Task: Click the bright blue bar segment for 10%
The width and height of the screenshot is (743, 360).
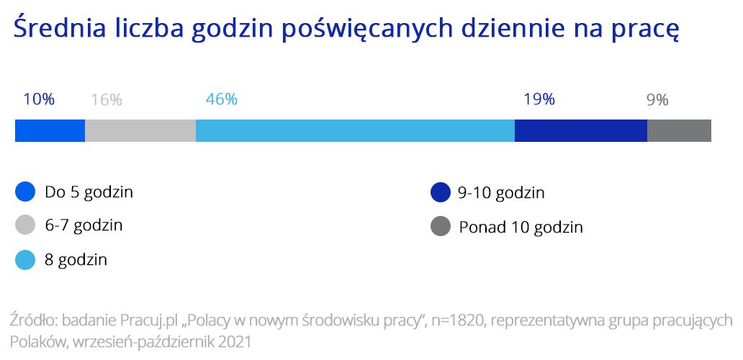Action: point(50,131)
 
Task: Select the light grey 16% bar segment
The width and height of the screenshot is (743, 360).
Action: point(140,131)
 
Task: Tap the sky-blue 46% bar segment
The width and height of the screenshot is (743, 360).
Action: point(355,131)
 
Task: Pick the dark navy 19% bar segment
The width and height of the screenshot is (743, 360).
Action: point(581,131)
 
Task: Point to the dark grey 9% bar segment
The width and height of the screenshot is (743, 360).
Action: point(679,131)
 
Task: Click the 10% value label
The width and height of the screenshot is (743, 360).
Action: point(39,99)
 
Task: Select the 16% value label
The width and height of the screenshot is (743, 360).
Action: point(107,100)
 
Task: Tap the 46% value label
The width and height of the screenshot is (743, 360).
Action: point(221,99)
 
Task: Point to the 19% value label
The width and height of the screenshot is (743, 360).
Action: point(539,99)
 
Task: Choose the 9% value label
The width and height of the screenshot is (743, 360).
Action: point(658,100)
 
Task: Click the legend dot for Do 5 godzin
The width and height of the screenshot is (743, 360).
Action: point(25,192)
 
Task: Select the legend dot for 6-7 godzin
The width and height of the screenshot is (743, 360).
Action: point(25,225)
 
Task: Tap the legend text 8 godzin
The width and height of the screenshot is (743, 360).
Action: point(76,260)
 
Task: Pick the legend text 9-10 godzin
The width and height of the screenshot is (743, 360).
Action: point(501,193)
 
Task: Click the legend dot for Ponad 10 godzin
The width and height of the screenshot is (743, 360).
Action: point(440,226)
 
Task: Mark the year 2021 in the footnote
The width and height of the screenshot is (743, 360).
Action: point(235,342)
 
